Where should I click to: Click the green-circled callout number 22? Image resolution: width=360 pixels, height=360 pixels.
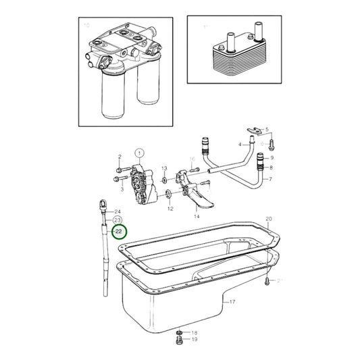(x=119, y=232)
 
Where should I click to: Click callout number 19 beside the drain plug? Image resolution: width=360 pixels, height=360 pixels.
(x=194, y=340)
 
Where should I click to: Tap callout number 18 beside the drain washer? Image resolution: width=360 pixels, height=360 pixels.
(x=194, y=333)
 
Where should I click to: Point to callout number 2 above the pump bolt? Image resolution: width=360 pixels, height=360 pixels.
(x=119, y=157)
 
